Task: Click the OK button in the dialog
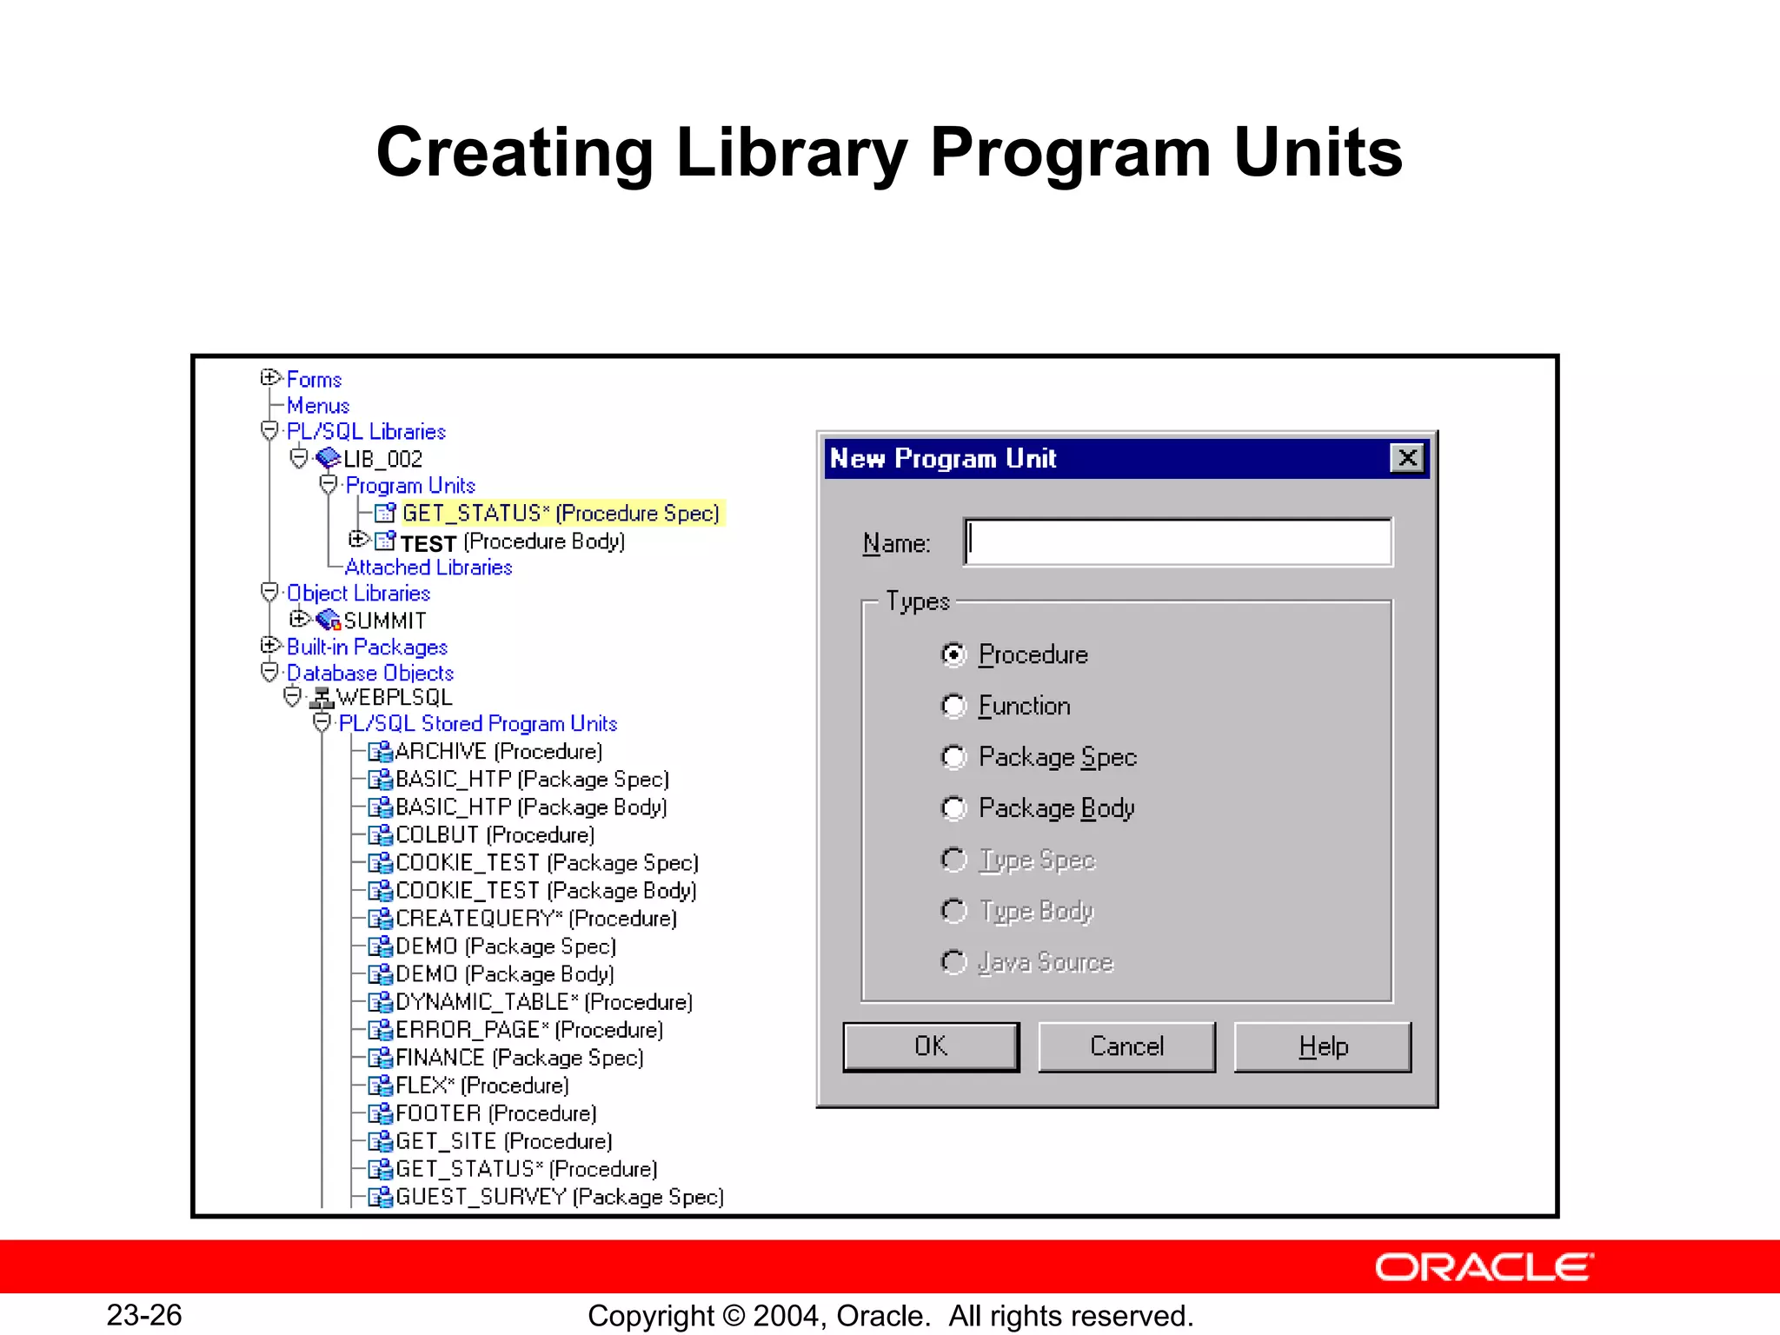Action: pyautogui.click(x=931, y=1046)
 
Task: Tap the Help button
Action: pyautogui.click(x=1322, y=1046)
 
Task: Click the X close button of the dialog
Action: pyautogui.click(x=1407, y=458)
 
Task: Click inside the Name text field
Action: pyautogui.click(x=1178, y=542)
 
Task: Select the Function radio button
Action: pyautogui.click(x=953, y=706)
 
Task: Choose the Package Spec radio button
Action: pyautogui.click(x=953, y=757)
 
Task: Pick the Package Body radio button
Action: pyautogui.click(x=953, y=808)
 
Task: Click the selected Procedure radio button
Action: pyautogui.click(x=953, y=654)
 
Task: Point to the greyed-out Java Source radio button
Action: pyautogui.click(x=953, y=962)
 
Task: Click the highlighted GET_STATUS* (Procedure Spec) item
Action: pyautogui.click(x=560, y=514)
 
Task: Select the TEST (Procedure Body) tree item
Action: pyautogui.click(x=512, y=542)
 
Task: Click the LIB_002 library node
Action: pyautogui.click(x=382, y=459)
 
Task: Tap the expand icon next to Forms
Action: pyautogui.click(x=269, y=378)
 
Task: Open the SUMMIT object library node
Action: pyautogui.click(x=384, y=621)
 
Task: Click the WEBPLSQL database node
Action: pyautogui.click(x=394, y=698)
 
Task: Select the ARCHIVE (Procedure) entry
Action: pyautogui.click(x=498, y=752)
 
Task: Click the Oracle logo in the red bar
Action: pyautogui.click(x=1484, y=1267)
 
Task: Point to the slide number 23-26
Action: pyautogui.click(x=144, y=1315)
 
